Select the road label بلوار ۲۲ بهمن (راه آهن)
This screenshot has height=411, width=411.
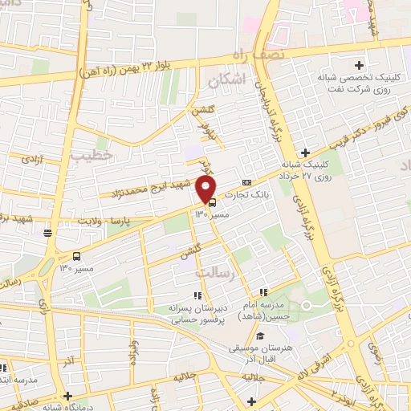pyautogui.click(x=129, y=71)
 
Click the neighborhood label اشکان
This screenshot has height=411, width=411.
pyautogui.click(x=225, y=81)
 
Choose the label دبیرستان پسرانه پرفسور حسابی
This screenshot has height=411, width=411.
pyautogui.click(x=197, y=314)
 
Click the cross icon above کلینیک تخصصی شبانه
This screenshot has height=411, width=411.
pyautogui.click(x=360, y=64)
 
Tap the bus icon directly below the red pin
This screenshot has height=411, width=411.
pyautogui.click(x=200, y=202)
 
